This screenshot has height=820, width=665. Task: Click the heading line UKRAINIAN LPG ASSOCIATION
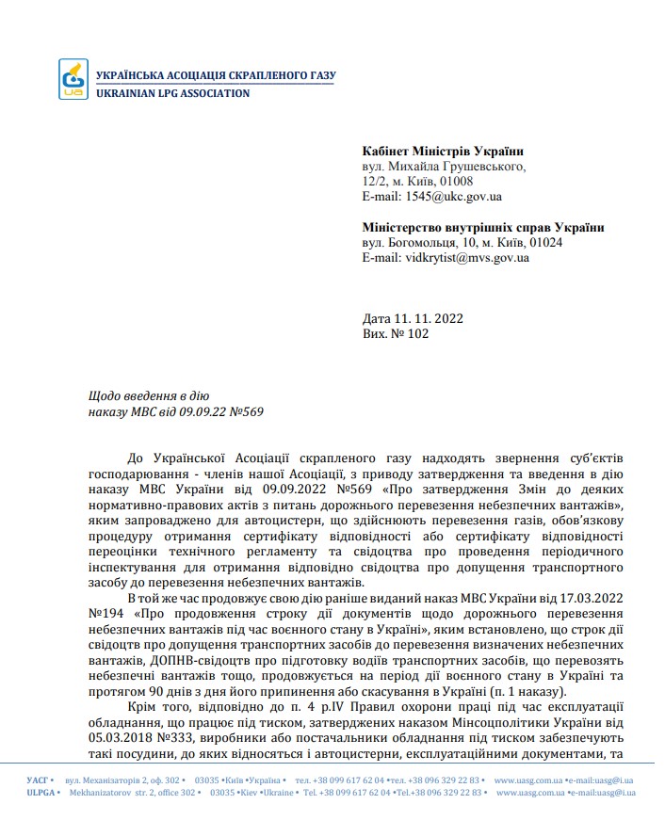point(172,93)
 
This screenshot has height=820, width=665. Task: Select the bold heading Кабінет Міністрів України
point(443,152)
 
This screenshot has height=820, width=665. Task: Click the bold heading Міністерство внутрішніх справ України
point(483,227)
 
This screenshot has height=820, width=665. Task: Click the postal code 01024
point(546,242)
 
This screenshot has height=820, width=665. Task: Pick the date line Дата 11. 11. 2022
point(413,318)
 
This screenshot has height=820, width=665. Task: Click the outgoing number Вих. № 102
point(396,333)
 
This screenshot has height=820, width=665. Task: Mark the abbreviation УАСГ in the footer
point(38,780)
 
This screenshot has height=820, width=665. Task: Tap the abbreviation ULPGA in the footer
point(41,793)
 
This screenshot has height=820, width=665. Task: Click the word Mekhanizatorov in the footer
point(105,793)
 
